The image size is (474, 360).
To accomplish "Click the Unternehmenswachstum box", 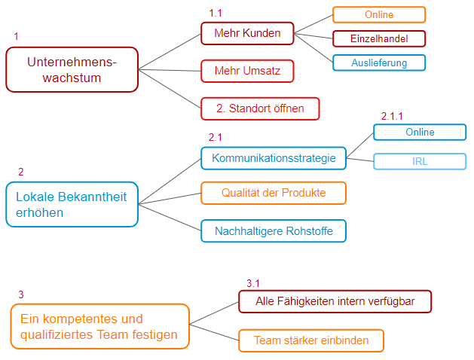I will (72, 69).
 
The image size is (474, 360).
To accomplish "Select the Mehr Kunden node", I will (246, 33).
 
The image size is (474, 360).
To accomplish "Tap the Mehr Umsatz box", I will (246, 71).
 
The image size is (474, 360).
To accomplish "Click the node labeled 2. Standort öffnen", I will (260, 108).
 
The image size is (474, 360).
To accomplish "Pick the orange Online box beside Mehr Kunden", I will (379, 14).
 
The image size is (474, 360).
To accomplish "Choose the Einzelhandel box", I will (379, 38).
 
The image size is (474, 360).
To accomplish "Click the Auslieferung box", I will (379, 63).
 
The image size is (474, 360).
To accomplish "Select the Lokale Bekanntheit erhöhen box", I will (72, 204).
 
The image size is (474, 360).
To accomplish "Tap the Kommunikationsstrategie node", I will (273, 158).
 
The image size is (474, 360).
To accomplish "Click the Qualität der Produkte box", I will (273, 193).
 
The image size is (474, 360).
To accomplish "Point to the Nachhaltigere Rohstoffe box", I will (273, 230).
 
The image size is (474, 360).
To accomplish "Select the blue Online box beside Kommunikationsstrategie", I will (420, 133).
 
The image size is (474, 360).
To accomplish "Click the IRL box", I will (420, 160).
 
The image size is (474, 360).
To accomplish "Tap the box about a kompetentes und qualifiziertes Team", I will (99, 327).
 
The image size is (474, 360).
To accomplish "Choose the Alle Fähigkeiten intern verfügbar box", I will (335, 301).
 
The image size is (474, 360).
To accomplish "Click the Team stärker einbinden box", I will (310, 340).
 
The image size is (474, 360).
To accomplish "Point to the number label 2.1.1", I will (392, 117).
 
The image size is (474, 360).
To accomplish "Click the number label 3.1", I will (253, 283).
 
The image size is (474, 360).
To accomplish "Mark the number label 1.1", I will (216, 14).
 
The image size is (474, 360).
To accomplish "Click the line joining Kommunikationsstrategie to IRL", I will (360, 159).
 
